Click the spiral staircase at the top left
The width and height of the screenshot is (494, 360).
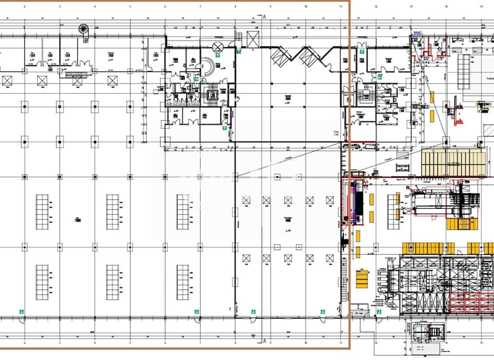82,30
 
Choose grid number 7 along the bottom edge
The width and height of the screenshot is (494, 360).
200,342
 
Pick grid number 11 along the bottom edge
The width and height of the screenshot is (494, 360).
340,342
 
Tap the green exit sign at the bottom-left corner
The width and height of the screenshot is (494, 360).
21,313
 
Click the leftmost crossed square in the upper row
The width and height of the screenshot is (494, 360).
8,80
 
